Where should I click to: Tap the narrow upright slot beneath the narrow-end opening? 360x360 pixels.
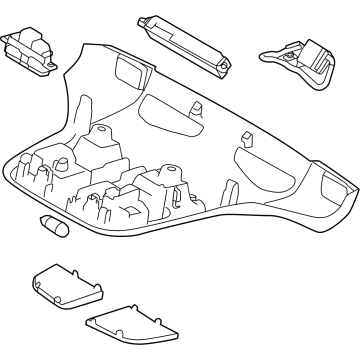coord(232,191)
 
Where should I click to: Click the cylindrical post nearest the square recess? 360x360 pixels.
coord(102,136)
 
